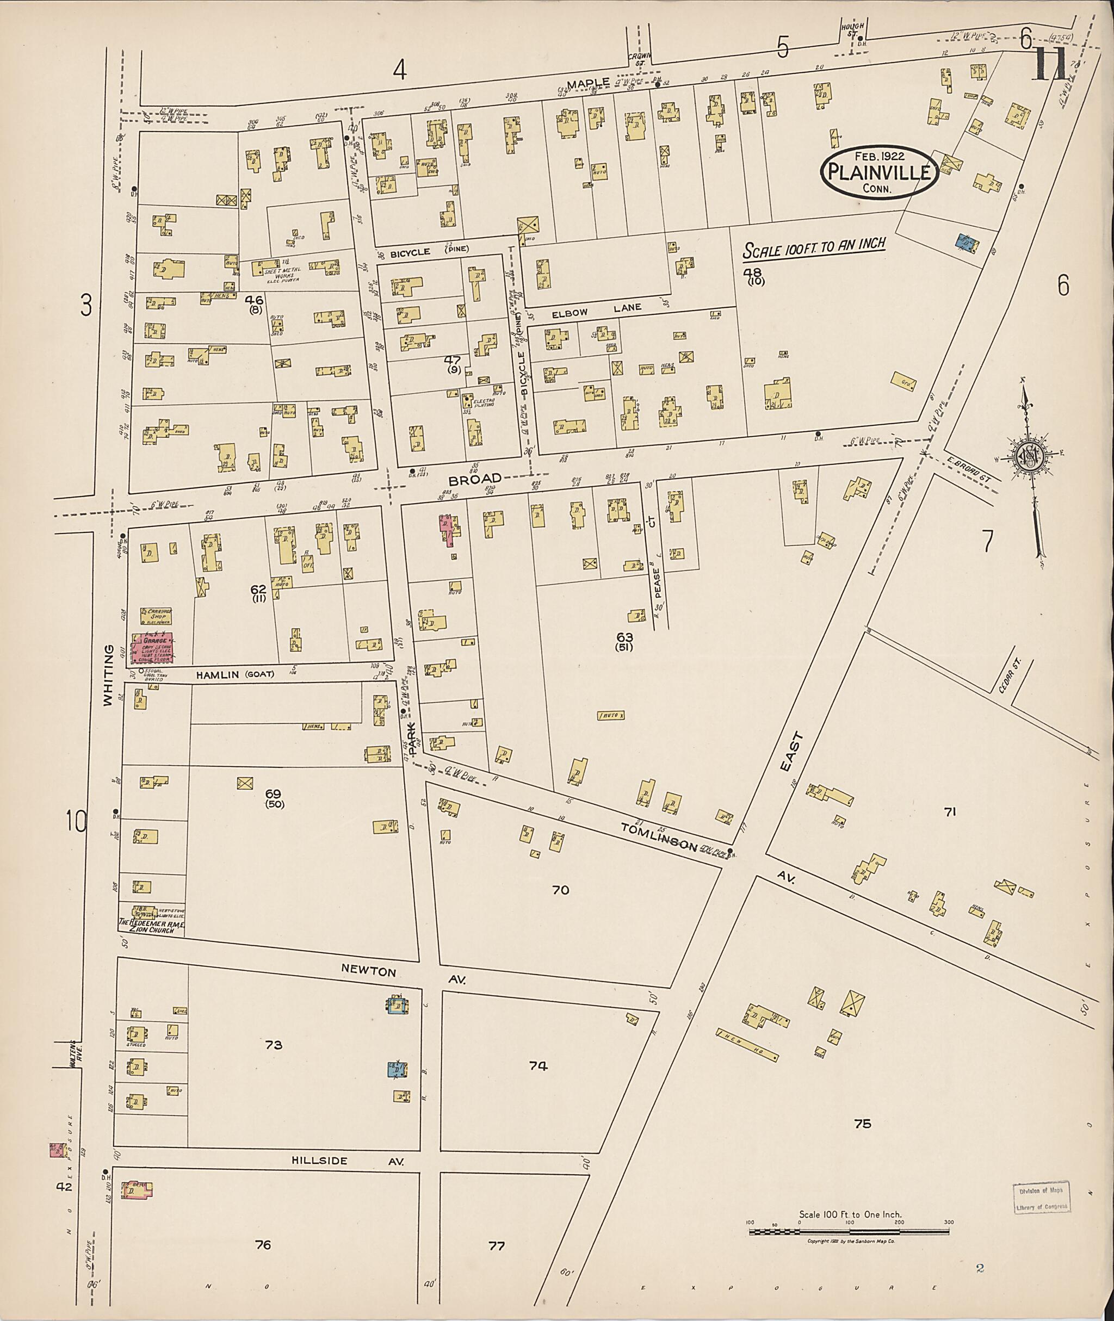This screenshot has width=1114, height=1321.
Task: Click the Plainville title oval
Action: (x=878, y=172)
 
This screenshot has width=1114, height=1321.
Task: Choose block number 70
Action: (x=560, y=890)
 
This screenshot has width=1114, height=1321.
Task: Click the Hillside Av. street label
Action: (x=346, y=1161)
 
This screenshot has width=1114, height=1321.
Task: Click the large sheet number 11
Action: (x=1048, y=65)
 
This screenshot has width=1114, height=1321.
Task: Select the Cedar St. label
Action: (x=1012, y=677)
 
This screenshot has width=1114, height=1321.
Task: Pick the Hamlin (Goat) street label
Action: (x=234, y=674)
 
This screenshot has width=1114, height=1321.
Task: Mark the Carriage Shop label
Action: (x=152, y=615)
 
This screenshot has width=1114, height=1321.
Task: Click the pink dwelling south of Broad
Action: (x=448, y=529)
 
